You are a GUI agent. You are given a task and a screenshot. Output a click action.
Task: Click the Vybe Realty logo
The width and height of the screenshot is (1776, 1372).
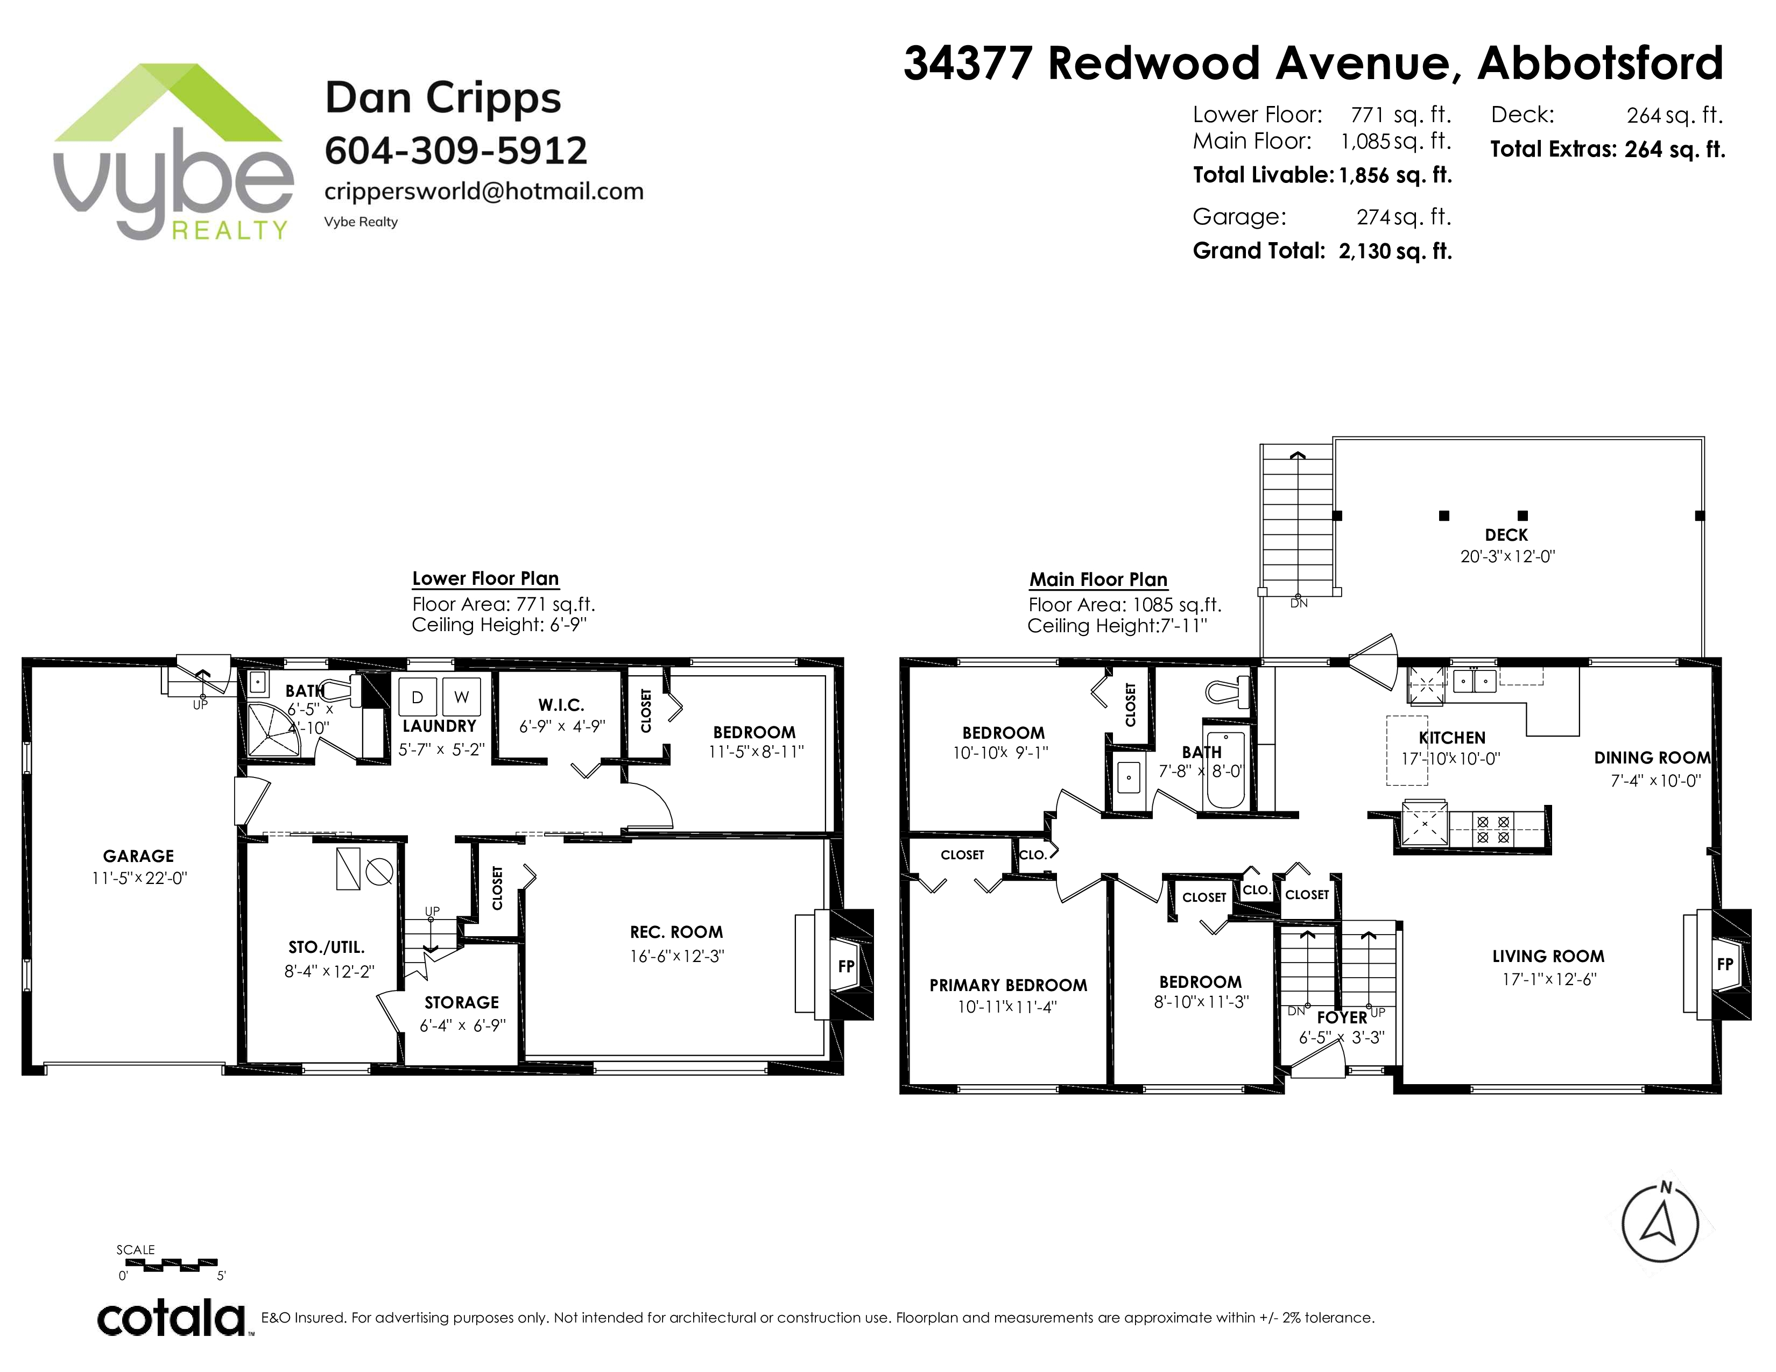[x=173, y=152]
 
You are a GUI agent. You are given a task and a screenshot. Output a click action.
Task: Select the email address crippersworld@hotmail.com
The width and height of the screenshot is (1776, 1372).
[x=484, y=192]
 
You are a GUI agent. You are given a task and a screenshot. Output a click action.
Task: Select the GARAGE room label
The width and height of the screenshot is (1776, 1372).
[x=138, y=856]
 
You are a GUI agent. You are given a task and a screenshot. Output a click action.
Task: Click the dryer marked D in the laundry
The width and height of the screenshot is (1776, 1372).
[x=417, y=697]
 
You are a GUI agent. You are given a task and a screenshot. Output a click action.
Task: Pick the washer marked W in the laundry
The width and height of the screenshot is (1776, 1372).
[x=461, y=697]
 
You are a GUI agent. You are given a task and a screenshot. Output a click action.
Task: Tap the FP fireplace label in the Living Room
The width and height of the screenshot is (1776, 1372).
[x=1725, y=965]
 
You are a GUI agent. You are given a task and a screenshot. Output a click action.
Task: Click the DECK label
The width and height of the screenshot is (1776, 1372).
[x=1506, y=535]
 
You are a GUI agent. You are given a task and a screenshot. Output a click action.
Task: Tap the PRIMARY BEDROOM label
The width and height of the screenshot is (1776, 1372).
[x=1009, y=986]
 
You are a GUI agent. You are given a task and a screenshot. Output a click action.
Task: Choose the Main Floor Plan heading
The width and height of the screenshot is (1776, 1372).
[x=1098, y=579]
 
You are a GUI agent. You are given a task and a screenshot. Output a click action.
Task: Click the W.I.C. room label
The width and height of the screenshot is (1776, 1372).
[x=561, y=705]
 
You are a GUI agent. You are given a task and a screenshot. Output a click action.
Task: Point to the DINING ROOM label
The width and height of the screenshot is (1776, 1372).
[x=1652, y=758]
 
